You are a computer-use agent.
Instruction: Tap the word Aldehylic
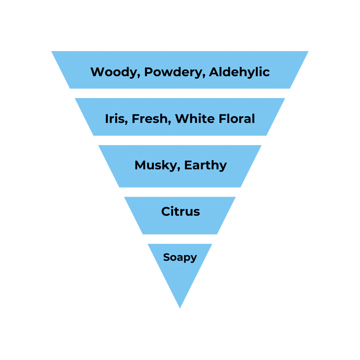point(239,72)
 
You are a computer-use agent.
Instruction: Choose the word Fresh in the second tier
point(150,119)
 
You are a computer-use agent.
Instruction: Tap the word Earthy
point(205,166)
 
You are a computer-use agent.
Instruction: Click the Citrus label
point(181,211)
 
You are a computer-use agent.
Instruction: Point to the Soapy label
point(180,257)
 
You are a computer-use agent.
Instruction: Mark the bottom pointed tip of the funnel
point(180,308)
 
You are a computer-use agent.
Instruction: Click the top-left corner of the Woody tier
point(50,50)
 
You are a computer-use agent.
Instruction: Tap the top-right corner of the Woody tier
point(308,50)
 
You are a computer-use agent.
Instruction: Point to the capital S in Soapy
point(166,257)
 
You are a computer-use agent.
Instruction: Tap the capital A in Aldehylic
point(214,72)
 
